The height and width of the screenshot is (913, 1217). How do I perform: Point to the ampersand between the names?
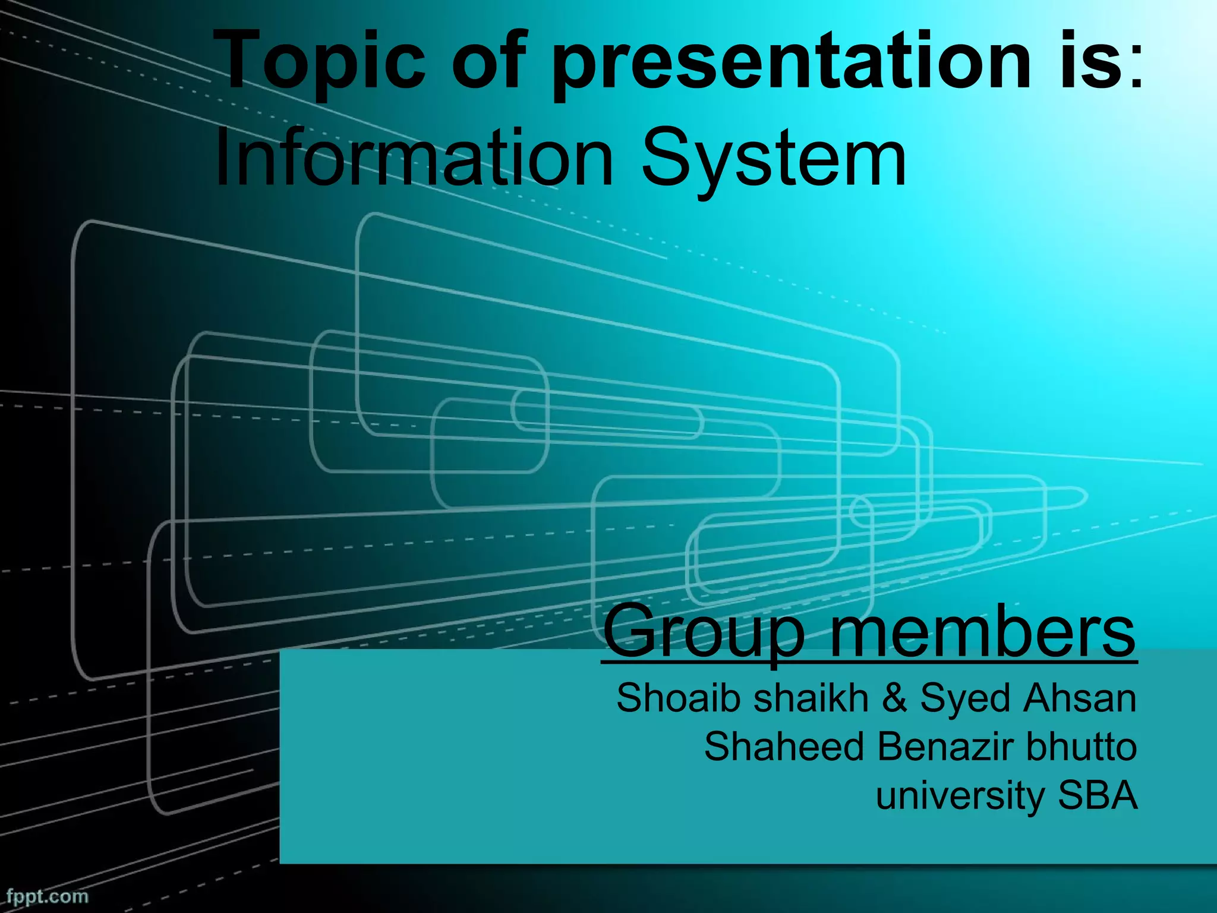(894, 698)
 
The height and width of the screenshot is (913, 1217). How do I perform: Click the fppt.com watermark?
(48, 896)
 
